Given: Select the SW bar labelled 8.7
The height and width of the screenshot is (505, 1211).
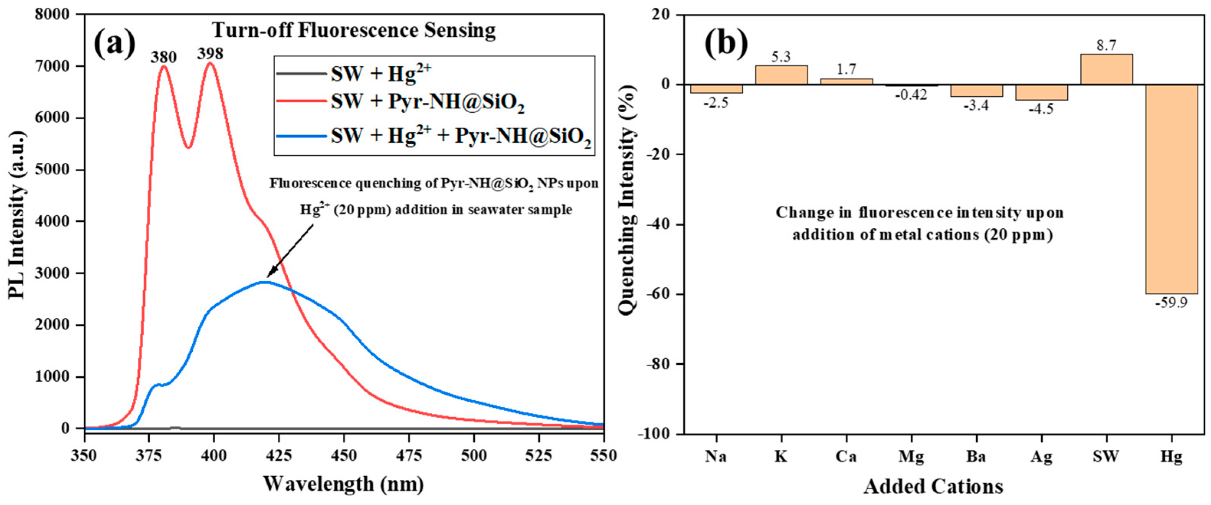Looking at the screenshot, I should pos(1106,70).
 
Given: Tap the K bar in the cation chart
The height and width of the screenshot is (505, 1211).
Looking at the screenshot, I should pos(781,75).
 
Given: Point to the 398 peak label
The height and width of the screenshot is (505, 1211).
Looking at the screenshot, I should pos(210,54).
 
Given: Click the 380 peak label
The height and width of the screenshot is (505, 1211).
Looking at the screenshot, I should pos(163,57).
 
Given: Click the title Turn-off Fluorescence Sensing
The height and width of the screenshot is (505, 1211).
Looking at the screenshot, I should pos(354,31).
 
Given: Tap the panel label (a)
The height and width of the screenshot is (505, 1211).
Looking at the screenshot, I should pos(114,43).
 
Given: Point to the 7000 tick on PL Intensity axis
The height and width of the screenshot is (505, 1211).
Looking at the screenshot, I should pos(52,66).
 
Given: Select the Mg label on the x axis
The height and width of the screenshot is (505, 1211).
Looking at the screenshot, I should pos(911,456).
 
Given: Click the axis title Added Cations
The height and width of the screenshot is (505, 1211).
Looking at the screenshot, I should pos(933,486).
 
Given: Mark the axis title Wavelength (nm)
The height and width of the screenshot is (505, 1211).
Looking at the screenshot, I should pos(343,484).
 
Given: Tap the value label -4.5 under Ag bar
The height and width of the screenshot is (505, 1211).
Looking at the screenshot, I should pos(1041,109).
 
